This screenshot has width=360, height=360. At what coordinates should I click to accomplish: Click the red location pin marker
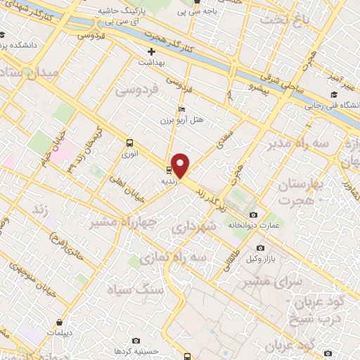(x=181, y=165)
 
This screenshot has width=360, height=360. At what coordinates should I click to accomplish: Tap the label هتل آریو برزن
(x=188, y=120)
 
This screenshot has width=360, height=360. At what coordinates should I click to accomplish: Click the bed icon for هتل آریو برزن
(x=182, y=110)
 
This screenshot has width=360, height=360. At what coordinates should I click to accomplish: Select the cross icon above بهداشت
(x=151, y=51)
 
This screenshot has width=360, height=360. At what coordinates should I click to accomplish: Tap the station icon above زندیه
(x=169, y=169)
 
